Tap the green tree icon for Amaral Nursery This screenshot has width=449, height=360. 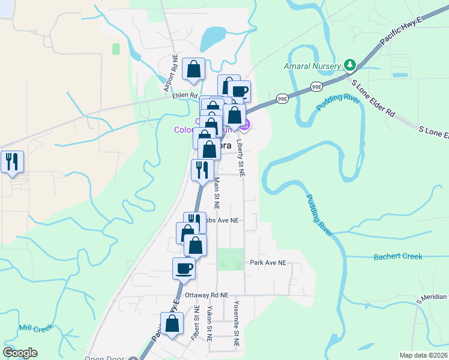[349, 64]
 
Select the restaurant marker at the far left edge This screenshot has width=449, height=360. [12, 162]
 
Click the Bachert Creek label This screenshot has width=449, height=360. [398, 257]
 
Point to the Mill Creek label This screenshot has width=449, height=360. [36, 328]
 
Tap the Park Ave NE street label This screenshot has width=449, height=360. [268, 263]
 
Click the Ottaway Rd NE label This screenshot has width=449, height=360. [208, 295]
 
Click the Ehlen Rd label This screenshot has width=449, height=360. [185, 95]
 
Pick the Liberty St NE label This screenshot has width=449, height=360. [240, 157]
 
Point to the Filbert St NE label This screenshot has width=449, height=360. [196, 325]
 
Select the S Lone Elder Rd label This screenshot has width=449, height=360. [373, 99]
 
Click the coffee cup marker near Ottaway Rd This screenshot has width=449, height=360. [184, 268]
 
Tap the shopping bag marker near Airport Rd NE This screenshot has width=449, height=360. [193, 70]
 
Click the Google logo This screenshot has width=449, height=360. [20, 353]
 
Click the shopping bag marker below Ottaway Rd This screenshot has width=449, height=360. [172, 323]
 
